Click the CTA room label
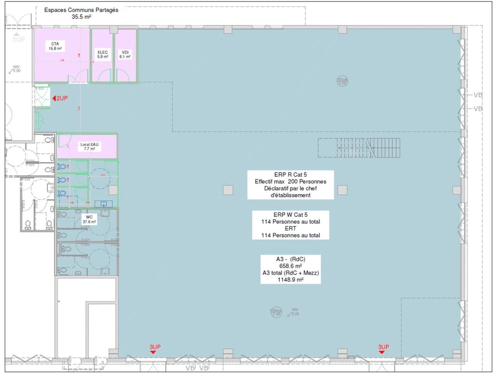tap(55, 44)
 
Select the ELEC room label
tap(103, 52)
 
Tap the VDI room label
tap(125, 52)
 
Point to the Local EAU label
tap(89, 145)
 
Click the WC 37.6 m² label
tap(89, 217)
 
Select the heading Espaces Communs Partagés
tap(81, 10)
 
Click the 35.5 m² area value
tap(81, 17)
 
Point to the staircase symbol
tap(359, 148)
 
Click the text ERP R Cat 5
tap(290, 175)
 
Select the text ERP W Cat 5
tap(290, 215)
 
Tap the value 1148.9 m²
tap(290, 279)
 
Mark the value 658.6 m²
tap(290, 266)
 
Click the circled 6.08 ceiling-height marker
tap(342, 81)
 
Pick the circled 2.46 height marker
tap(276, 312)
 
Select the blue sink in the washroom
tap(104, 204)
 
